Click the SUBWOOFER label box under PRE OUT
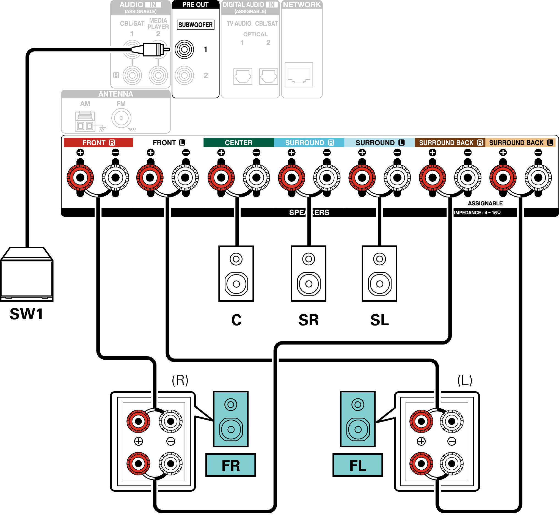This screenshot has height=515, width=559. click(195, 25)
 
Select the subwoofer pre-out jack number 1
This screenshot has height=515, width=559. click(184, 49)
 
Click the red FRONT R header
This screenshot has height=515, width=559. click(98, 143)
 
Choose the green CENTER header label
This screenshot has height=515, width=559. click(239, 143)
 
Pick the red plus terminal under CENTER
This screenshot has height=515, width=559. click(221, 178)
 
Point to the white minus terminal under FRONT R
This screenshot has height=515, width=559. click(115, 178)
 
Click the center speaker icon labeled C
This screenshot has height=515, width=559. click(236, 273)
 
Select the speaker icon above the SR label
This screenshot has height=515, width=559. click(309, 273)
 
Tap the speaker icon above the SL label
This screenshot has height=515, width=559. click(379, 273)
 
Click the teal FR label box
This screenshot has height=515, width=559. click(231, 465)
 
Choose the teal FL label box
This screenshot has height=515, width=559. click(358, 465)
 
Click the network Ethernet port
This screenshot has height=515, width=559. click(299, 75)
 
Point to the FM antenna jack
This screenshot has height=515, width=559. click(121, 118)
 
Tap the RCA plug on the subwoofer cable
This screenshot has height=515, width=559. click(152, 49)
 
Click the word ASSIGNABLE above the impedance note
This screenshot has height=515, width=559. click(485, 203)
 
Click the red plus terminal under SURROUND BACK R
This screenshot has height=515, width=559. click(433, 178)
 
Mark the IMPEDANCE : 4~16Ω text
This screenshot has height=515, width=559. click(477, 213)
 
